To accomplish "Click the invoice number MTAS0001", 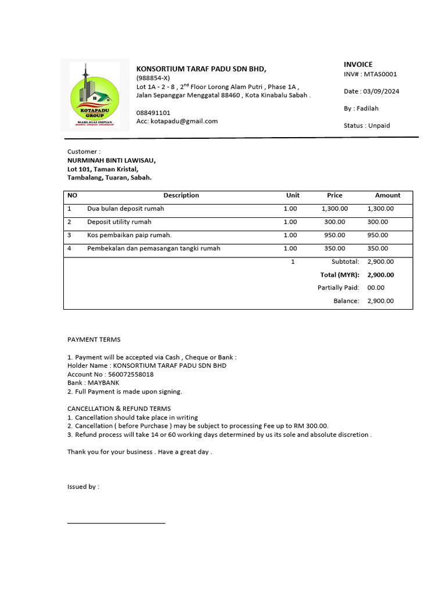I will (x=380, y=74).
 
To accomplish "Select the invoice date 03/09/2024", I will (x=380, y=91).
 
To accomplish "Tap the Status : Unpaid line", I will (x=366, y=126).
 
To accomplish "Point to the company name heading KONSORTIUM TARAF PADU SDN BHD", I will (x=201, y=69).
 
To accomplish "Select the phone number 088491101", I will (x=153, y=113).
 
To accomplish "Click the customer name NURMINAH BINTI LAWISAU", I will (x=111, y=160).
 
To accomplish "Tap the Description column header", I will (x=181, y=195).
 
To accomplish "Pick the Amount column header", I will (x=387, y=195).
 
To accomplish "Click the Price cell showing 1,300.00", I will (x=334, y=209).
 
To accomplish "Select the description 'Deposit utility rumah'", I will (x=119, y=222).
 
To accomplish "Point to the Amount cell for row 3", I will (x=377, y=235).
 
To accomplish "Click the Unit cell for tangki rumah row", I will (x=290, y=249).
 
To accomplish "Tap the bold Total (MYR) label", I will (x=340, y=275).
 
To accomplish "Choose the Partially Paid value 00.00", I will (x=376, y=288).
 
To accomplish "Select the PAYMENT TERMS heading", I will (x=94, y=339).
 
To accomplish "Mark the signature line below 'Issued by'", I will (x=116, y=523).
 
